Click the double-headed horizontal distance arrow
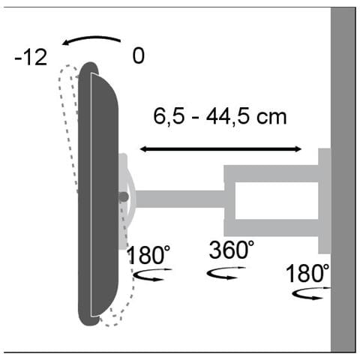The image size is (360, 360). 220,149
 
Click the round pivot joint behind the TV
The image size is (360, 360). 123,196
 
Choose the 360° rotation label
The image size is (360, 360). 232,249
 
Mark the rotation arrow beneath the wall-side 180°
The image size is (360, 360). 307,296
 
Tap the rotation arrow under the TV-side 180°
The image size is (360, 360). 150,276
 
